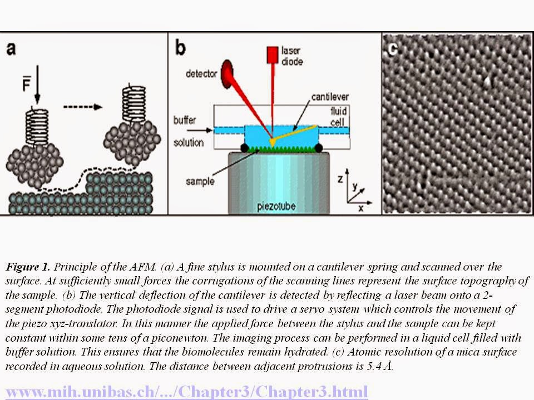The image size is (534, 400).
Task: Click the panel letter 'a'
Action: pos(11,49)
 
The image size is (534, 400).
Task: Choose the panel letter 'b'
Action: pos(180,48)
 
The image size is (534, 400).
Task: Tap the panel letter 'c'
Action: pos(393,49)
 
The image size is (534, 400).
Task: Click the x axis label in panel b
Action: pos(360,208)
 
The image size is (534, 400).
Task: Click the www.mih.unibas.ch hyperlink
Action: pos(186,391)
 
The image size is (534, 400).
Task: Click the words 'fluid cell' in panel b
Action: pos(338,114)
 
